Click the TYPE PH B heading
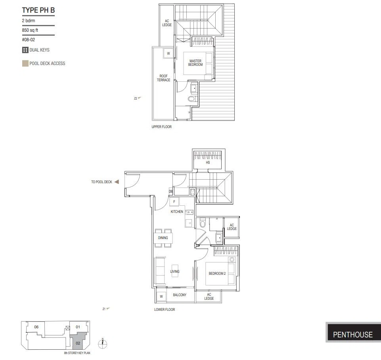click(x=38, y=10)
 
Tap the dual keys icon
click(x=25, y=50)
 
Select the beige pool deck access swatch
click(x=25, y=63)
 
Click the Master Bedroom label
click(x=195, y=63)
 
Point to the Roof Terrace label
click(x=163, y=78)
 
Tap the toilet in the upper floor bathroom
click(x=192, y=99)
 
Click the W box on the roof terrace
click(x=168, y=54)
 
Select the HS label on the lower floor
click(x=208, y=163)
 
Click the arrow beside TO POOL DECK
click(x=117, y=182)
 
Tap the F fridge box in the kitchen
click(x=174, y=202)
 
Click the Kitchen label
click(x=177, y=212)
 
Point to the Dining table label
click(x=163, y=238)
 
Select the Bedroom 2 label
click(x=217, y=274)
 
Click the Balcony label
click(x=180, y=295)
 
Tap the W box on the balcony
click(x=161, y=296)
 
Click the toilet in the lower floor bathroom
click(x=203, y=223)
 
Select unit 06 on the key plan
click(x=36, y=327)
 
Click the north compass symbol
click(x=103, y=343)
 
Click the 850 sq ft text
click(x=30, y=30)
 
